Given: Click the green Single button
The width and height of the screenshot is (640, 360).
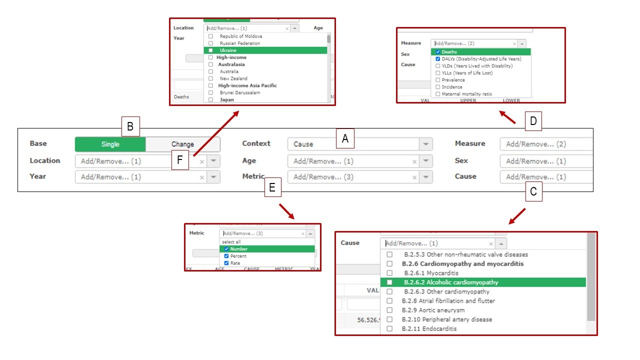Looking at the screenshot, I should pos(110,144).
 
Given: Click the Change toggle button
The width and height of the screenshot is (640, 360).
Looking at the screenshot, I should pos(182,144).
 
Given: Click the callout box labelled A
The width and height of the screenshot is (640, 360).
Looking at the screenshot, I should pos(345,139).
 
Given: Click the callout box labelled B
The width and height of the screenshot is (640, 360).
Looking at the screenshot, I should pos(130,126).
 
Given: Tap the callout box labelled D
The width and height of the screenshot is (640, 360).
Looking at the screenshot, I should pos(533,120).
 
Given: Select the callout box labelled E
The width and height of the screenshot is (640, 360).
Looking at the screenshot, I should pos(272,187).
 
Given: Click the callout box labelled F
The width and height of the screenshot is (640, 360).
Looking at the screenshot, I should pos(180,161).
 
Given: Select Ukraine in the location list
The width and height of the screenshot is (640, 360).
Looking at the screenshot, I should pos(228,50).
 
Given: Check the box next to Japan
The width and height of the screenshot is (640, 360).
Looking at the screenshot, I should pos(210,99).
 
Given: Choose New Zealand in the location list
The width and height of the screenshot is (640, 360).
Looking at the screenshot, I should pos(233,78).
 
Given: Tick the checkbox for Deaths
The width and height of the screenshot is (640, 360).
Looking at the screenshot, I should pos(438,52).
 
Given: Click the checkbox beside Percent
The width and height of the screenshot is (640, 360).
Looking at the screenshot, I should pos(226,256).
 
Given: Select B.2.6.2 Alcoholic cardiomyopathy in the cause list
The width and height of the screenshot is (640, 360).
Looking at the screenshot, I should pos(450,282).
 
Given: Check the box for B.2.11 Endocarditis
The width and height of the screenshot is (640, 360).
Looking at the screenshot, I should pos(389,328).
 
